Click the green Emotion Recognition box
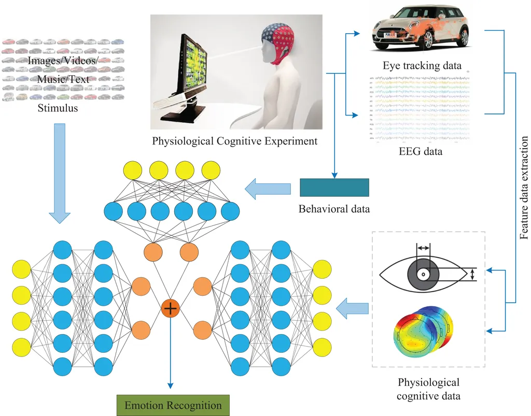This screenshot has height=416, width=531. (173, 405)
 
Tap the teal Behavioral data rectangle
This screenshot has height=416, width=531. (334, 188)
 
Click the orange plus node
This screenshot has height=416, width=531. (170, 308)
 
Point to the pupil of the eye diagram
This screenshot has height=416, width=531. (424, 274)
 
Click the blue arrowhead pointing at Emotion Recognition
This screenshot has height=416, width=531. (170, 384)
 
